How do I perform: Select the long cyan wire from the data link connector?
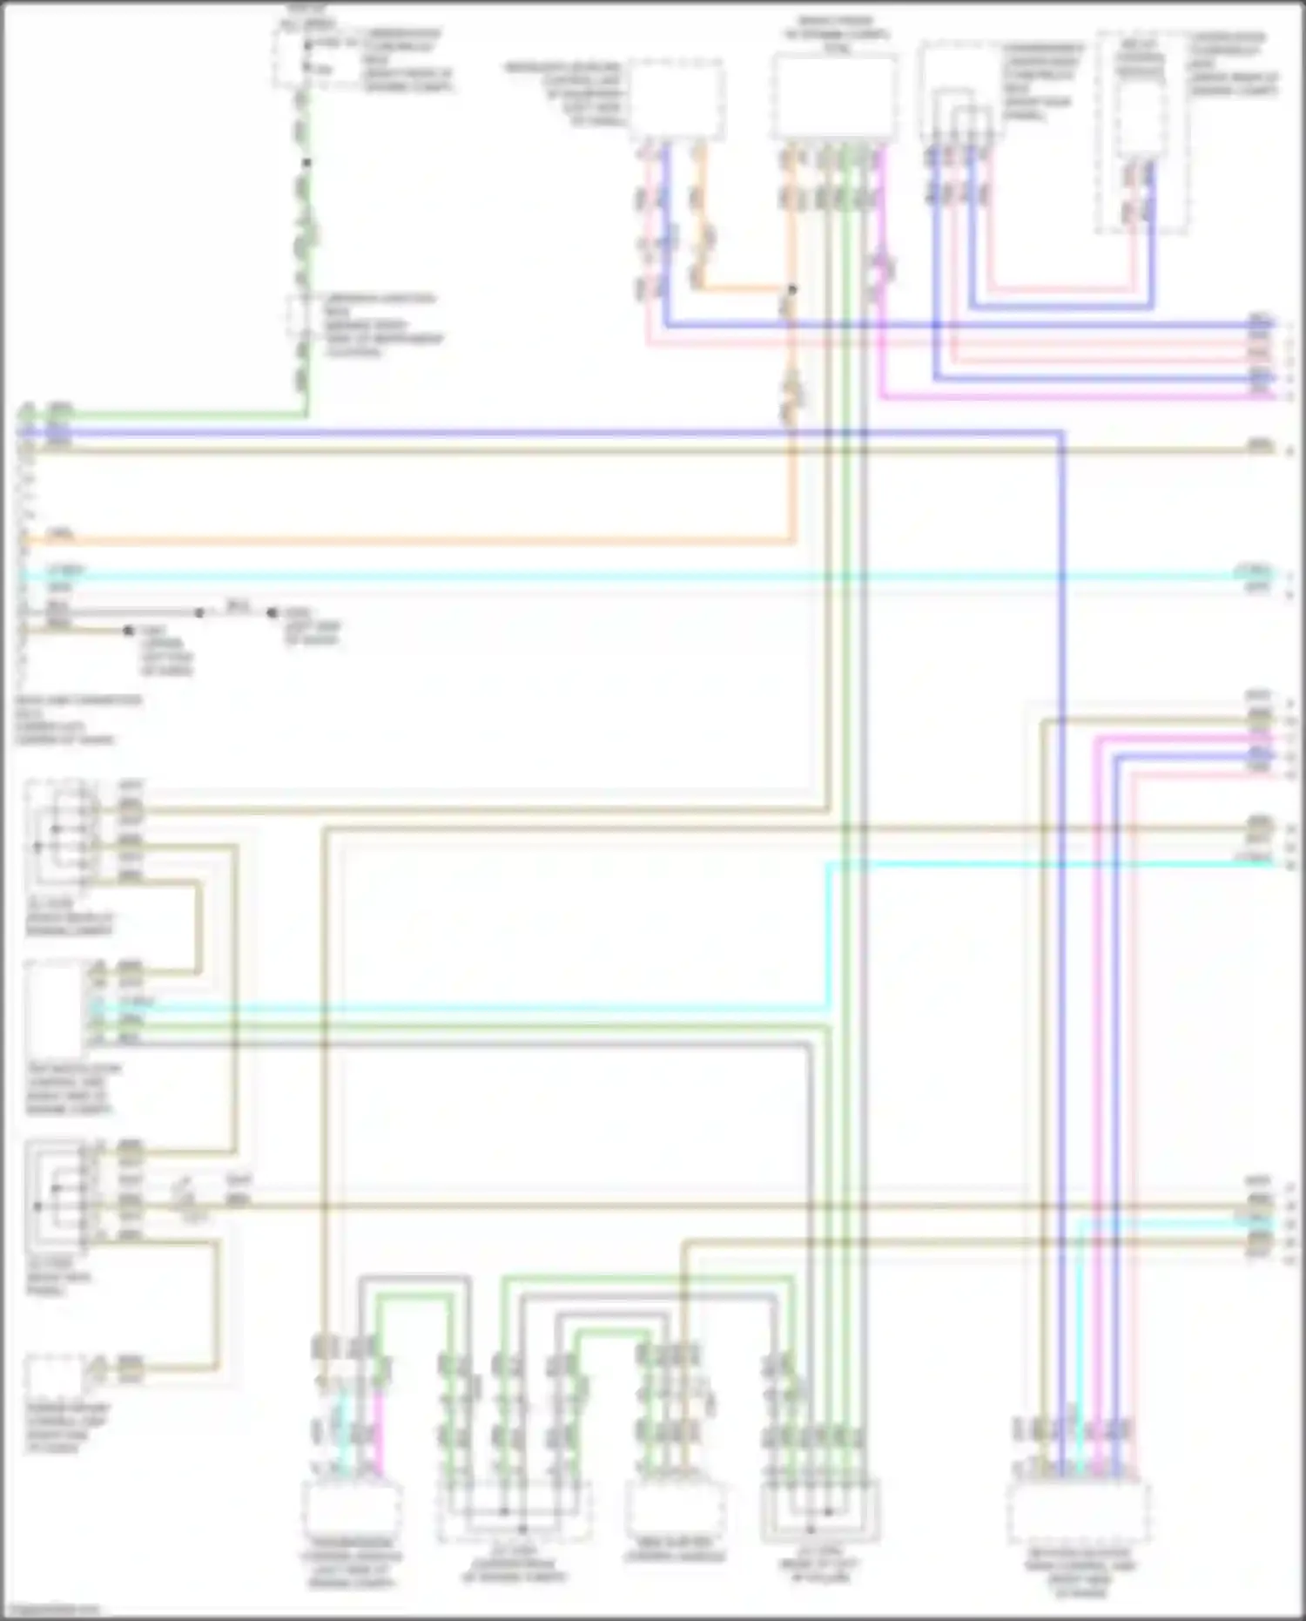pos(609,576)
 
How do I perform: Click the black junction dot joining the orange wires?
pos(792,289)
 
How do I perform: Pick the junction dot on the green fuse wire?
pos(306,162)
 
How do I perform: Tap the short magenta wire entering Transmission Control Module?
pos(378,1429)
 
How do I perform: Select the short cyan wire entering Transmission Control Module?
pos(342,1429)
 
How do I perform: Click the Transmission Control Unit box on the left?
pos(54,1008)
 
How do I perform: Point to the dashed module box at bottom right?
pos(1078,1514)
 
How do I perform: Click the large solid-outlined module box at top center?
pos(834,96)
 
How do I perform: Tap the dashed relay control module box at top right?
pos(1141,131)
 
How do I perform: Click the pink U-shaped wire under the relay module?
pos(1062,289)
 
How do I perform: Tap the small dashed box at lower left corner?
pos(54,1376)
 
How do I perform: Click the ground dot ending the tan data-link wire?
pos(129,630)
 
